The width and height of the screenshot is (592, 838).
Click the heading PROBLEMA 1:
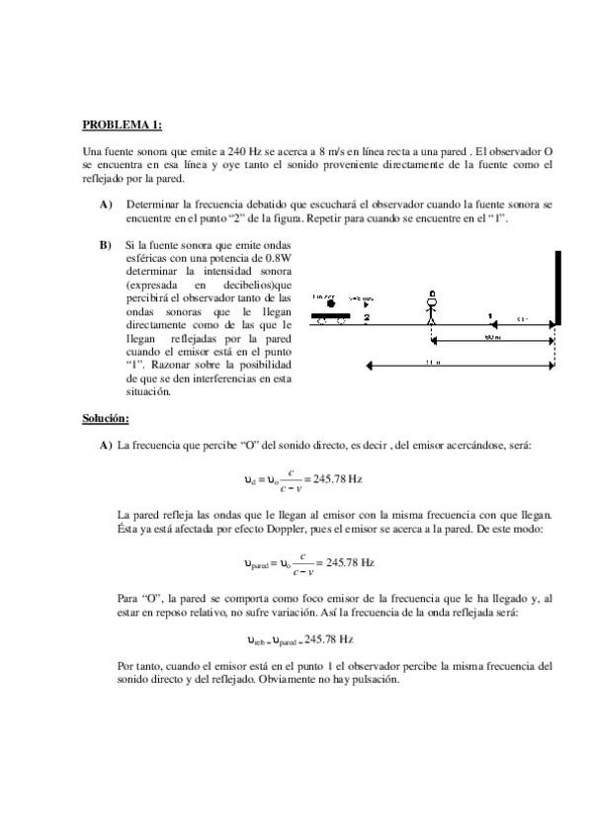(121, 125)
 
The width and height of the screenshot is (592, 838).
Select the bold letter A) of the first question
(106, 204)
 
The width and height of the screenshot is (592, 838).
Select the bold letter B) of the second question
(105, 244)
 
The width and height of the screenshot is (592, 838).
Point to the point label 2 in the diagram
(366, 317)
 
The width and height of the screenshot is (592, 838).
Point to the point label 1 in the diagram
(490, 317)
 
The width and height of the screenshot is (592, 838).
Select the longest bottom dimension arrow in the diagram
(460, 367)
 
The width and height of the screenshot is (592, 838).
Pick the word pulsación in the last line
(369, 680)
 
